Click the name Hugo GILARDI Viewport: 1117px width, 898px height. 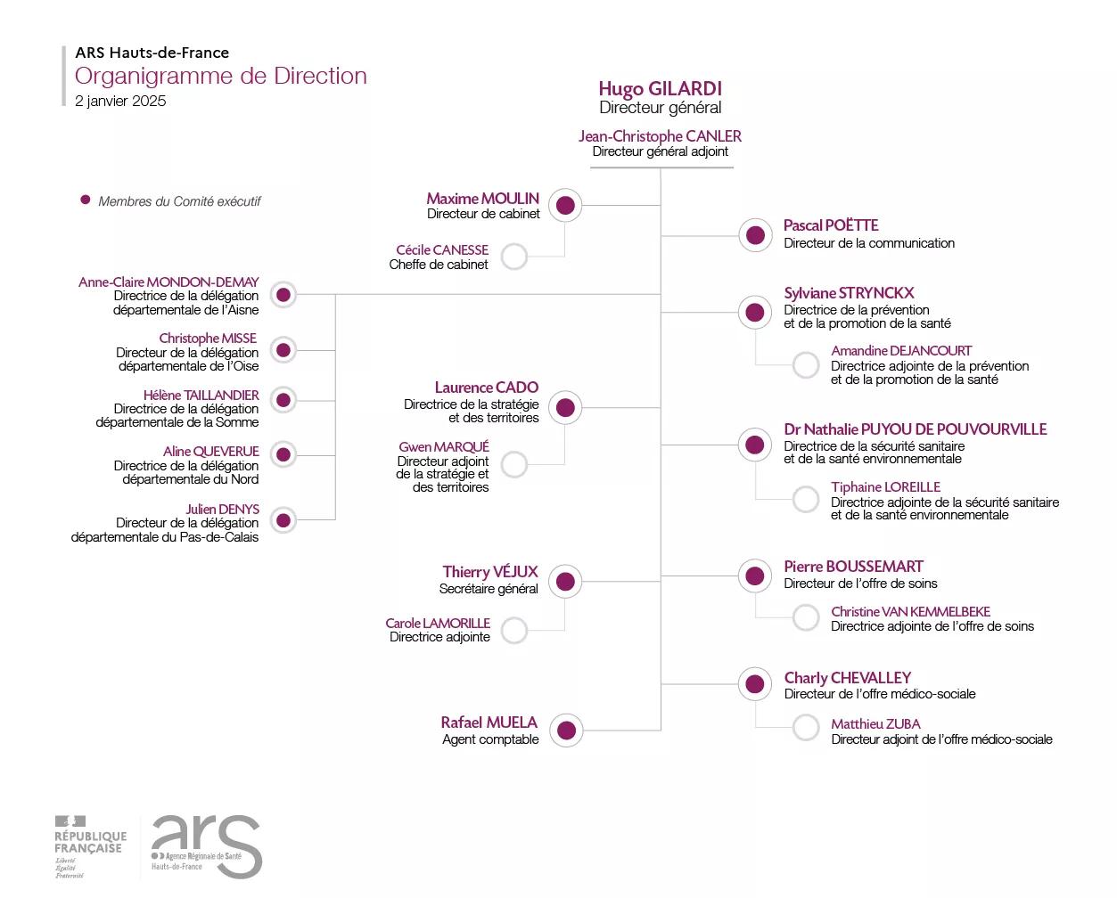[x=660, y=89]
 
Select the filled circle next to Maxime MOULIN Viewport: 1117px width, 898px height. [x=564, y=206]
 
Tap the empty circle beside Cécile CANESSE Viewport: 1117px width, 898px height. [x=513, y=257]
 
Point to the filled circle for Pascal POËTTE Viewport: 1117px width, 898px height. [x=755, y=235]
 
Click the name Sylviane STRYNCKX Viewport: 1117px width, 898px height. [x=849, y=293]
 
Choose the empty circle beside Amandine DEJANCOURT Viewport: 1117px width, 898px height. [x=806, y=364]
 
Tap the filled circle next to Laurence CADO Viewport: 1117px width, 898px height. [x=564, y=408]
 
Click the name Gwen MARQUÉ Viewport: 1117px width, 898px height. [x=444, y=446]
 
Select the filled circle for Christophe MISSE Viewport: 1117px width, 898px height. [x=283, y=350]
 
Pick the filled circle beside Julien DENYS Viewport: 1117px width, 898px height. [x=283, y=519]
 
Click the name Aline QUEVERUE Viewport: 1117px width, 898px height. [x=210, y=452]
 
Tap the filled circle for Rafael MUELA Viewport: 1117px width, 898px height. [x=566, y=731]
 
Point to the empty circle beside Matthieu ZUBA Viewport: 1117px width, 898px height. [x=806, y=727]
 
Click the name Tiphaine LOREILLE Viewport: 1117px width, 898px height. [x=885, y=487]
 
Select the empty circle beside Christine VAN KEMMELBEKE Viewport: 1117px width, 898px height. [x=806, y=617]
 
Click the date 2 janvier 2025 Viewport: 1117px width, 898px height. [x=120, y=101]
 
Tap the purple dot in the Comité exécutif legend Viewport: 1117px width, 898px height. [x=86, y=200]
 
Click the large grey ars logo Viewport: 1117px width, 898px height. [x=207, y=846]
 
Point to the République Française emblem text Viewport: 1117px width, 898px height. [x=90, y=842]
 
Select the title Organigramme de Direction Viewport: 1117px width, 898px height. [x=220, y=76]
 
